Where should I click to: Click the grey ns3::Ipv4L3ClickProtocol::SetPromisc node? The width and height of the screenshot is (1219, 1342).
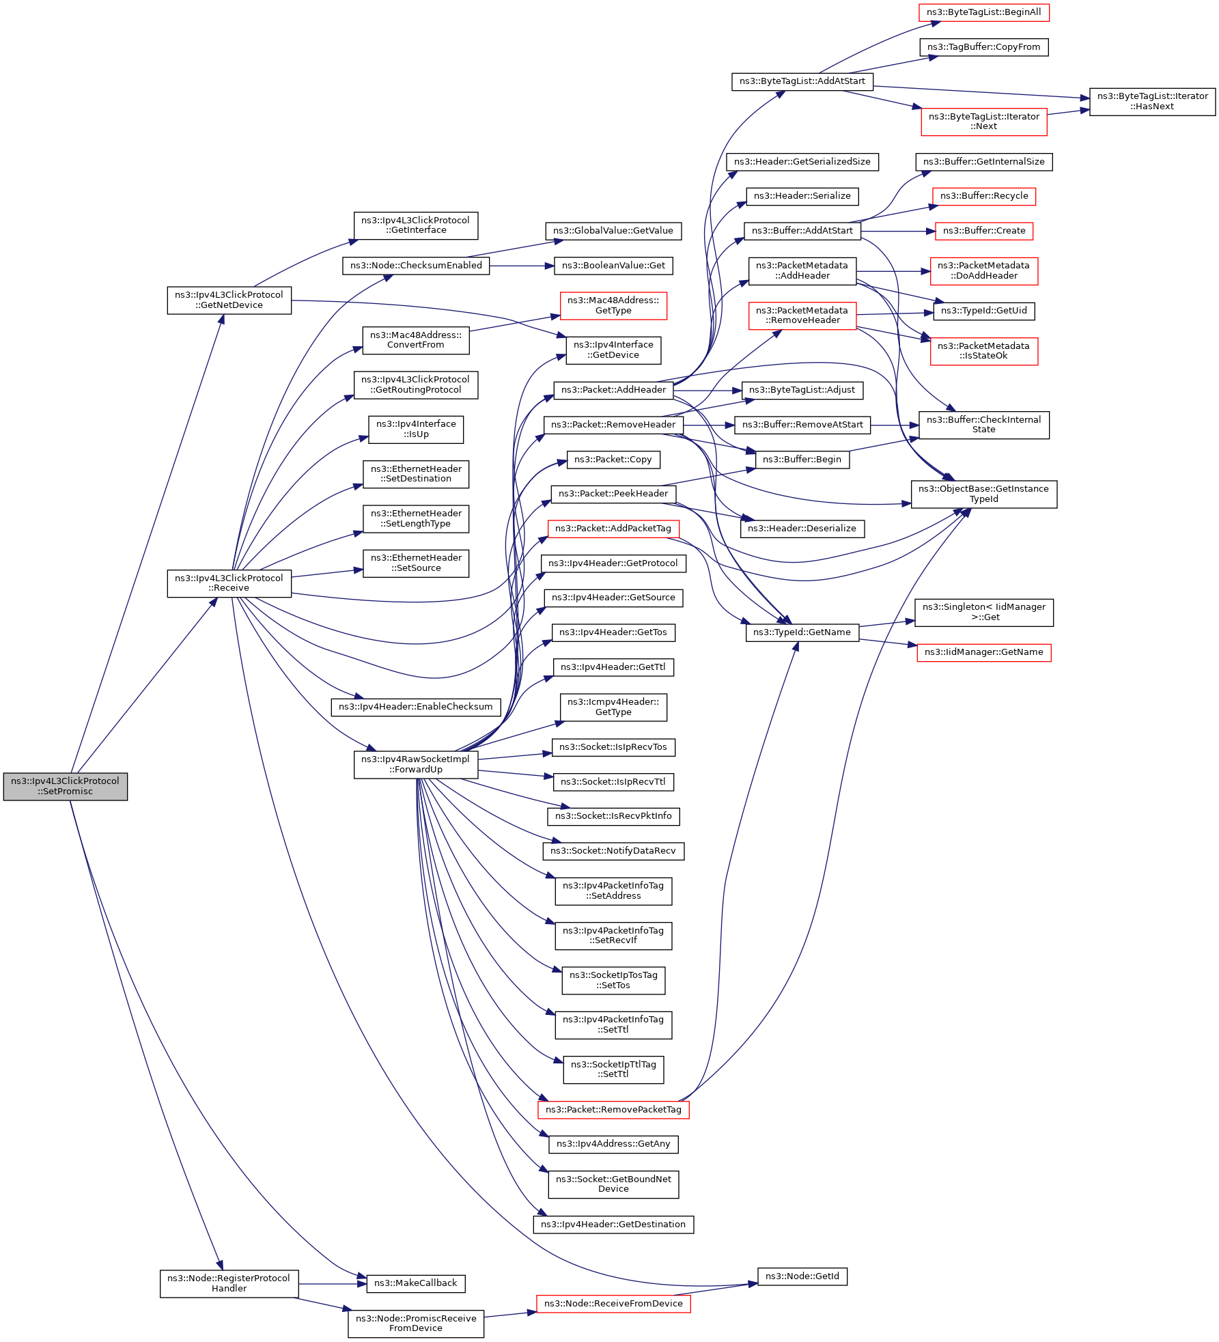point(65,786)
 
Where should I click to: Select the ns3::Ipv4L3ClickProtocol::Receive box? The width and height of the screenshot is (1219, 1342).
point(229,583)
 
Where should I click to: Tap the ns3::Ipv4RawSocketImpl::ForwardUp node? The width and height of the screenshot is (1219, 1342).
point(415,764)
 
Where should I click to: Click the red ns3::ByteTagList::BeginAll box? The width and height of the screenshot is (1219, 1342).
point(983,12)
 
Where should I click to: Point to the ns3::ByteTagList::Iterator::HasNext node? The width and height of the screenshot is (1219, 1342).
point(1152,101)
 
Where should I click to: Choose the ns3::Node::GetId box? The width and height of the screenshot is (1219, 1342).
point(802,1276)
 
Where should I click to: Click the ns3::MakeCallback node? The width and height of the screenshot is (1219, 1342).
point(415,1283)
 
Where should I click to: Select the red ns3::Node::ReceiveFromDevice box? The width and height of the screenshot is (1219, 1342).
point(613,1304)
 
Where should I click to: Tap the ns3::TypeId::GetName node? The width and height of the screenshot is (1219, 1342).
point(802,632)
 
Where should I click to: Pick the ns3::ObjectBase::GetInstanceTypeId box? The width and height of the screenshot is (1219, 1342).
point(983,494)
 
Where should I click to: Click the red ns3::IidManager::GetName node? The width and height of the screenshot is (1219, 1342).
point(983,652)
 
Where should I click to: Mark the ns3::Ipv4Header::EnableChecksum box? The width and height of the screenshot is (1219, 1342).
point(415,707)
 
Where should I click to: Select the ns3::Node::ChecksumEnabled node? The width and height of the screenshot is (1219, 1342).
point(415,266)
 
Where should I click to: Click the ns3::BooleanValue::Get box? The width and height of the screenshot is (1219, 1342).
point(613,266)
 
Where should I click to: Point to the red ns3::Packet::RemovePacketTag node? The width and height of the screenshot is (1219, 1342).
point(613,1110)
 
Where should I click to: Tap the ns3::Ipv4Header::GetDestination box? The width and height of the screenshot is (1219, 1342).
point(613,1225)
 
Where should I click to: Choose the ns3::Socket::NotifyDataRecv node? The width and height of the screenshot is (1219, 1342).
point(613,851)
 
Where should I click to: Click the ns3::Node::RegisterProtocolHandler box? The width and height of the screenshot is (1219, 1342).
point(229,1283)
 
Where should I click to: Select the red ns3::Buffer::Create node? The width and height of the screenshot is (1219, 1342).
point(983,231)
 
